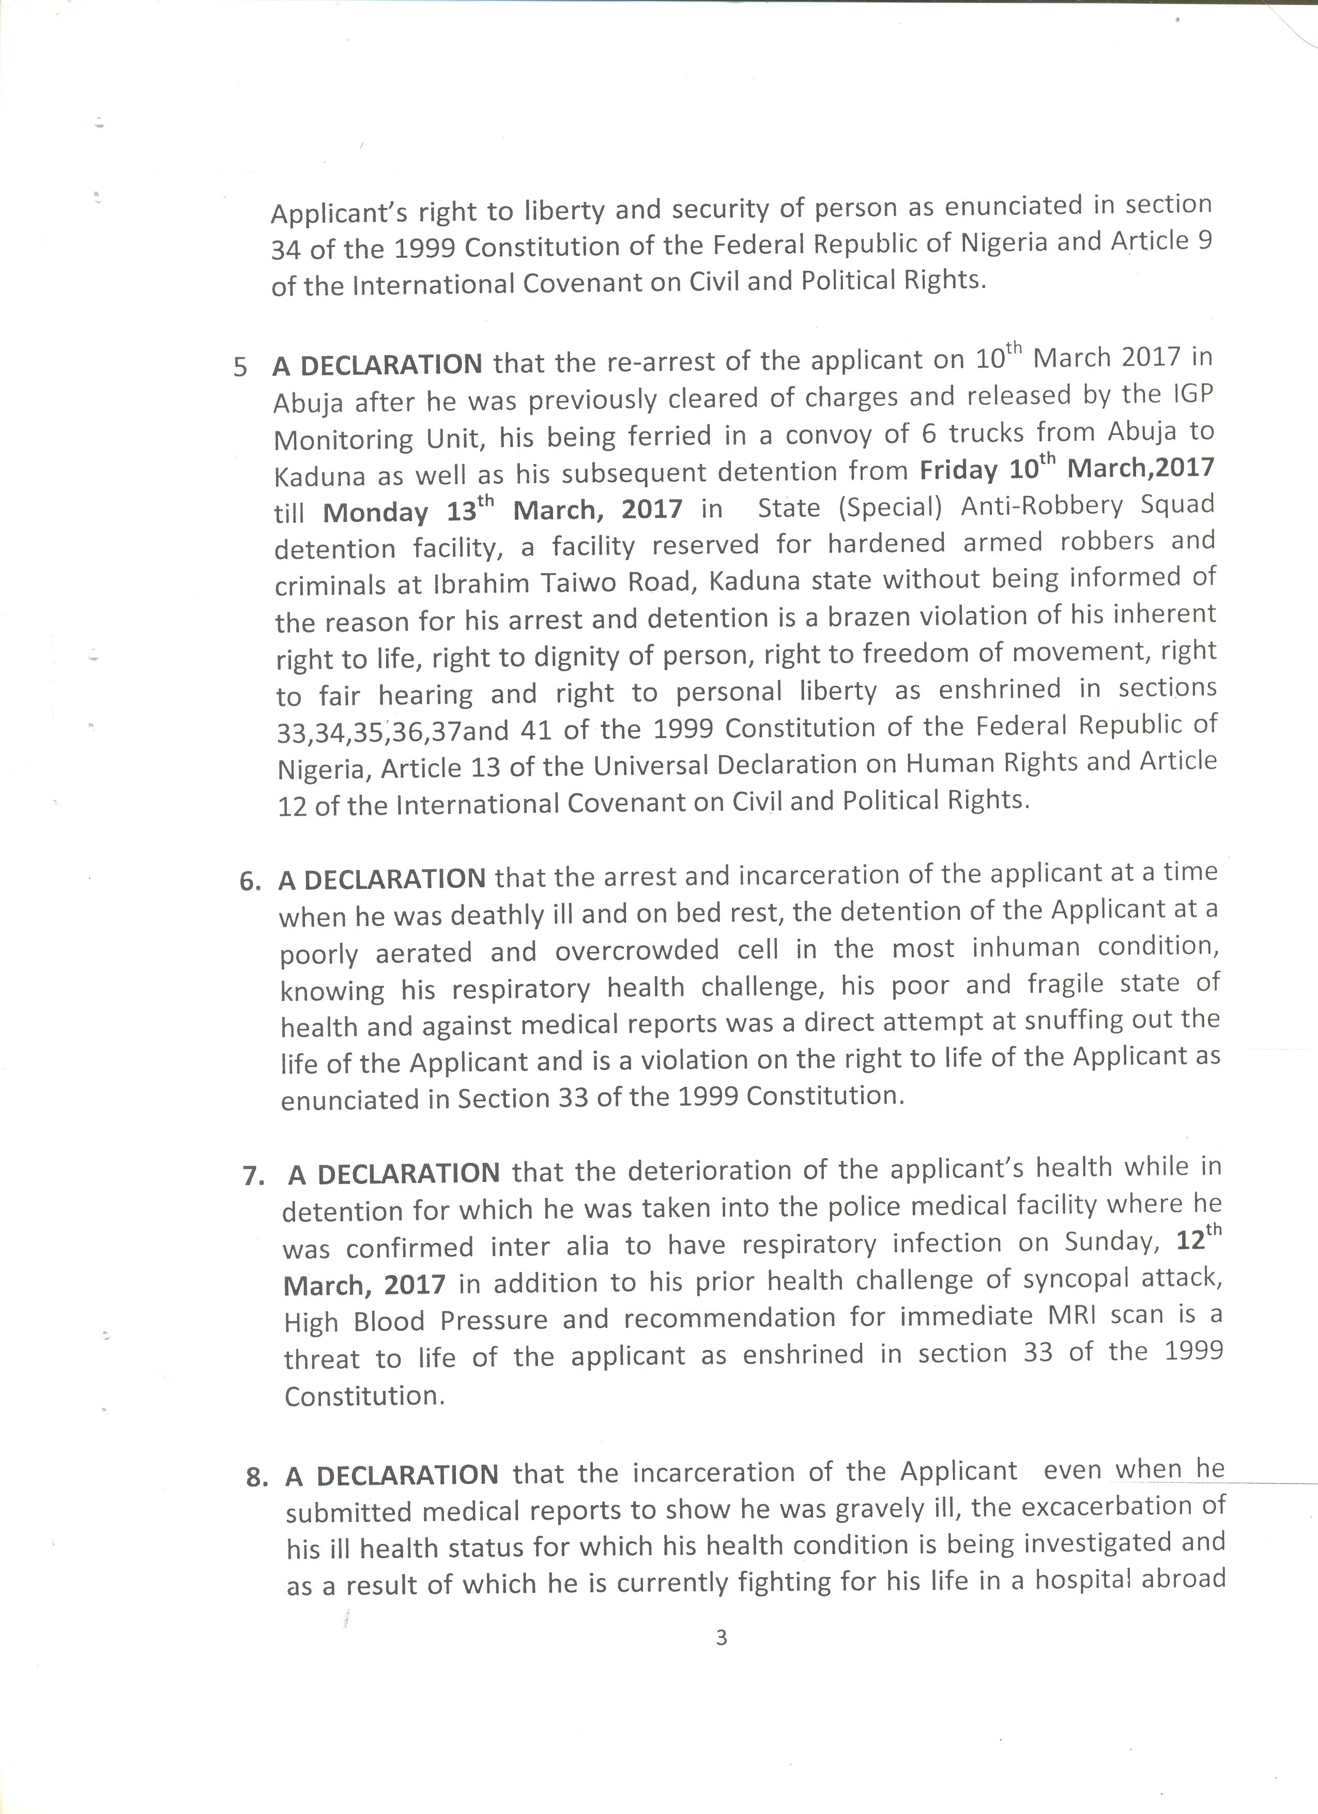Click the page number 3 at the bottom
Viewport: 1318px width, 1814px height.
point(722,1638)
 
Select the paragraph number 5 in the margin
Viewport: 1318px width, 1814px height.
point(240,367)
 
